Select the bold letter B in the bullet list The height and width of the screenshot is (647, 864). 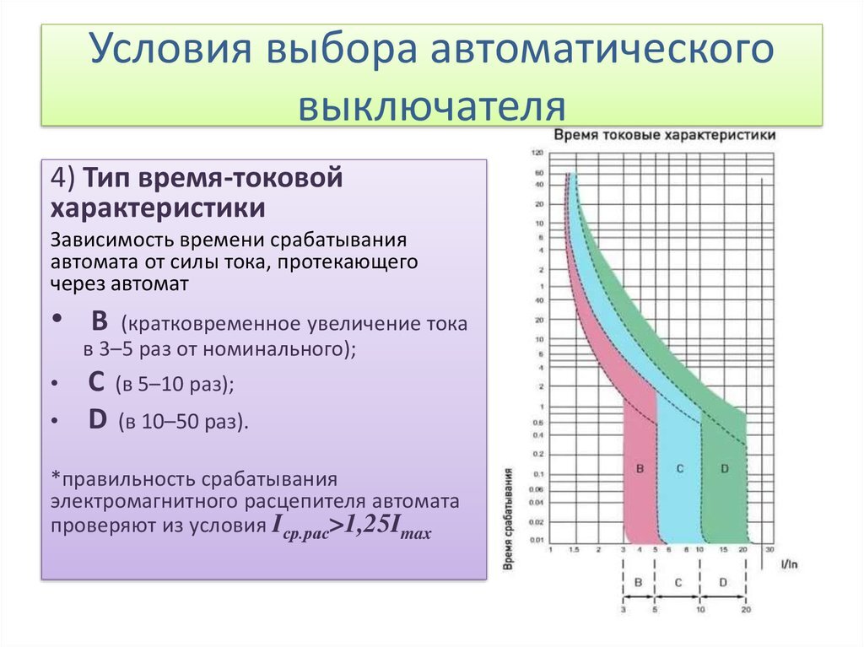pyautogui.click(x=100, y=321)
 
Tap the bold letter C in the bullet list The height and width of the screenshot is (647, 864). pyautogui.click(x=96, y=382)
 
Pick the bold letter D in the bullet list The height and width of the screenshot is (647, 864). pyautogui.click(x=98, y=420)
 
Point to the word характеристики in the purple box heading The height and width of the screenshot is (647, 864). pyautogui.click(x=159, y=208)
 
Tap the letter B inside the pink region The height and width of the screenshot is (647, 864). pyautogui.click(x=640, y=466)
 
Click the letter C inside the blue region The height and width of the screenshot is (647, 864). pyautogui.click(x=680, y=466)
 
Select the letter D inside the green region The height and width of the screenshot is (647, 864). pyautogui.click(x=724, y=466)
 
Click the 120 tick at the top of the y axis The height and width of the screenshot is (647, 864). pyautogui.click(x=537, y=153)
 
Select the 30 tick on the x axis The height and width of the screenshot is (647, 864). pyautogui.click(x=769, y=549)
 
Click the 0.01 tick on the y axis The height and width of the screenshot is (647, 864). pyautogui.click(x=537, y=539)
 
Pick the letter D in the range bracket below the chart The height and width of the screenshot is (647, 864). pyautogui.click(x=723, y=583)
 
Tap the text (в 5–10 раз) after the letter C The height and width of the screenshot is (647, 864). pyautogui.click(x=175, y=385)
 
